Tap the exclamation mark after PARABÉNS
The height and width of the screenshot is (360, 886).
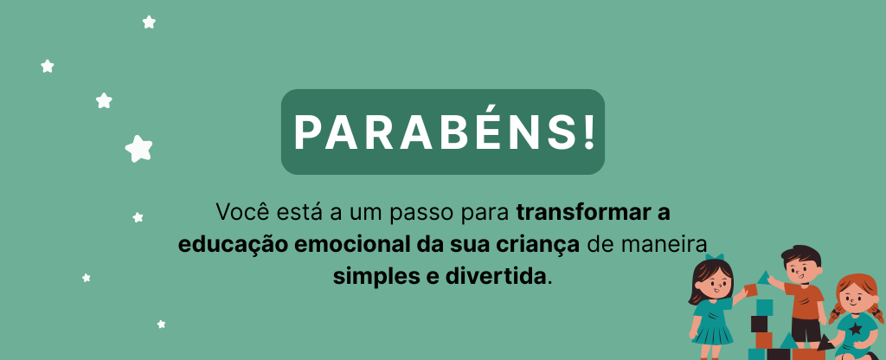point(588,132)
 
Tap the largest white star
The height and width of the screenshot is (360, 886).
point(139,149)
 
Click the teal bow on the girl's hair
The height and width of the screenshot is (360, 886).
point(715,258)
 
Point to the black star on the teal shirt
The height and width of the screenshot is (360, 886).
point(857,328)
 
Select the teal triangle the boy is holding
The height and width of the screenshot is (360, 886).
point(765,278)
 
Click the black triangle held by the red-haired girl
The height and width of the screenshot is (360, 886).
point(825,343)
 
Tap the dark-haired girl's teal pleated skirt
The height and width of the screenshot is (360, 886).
point(712,331)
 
